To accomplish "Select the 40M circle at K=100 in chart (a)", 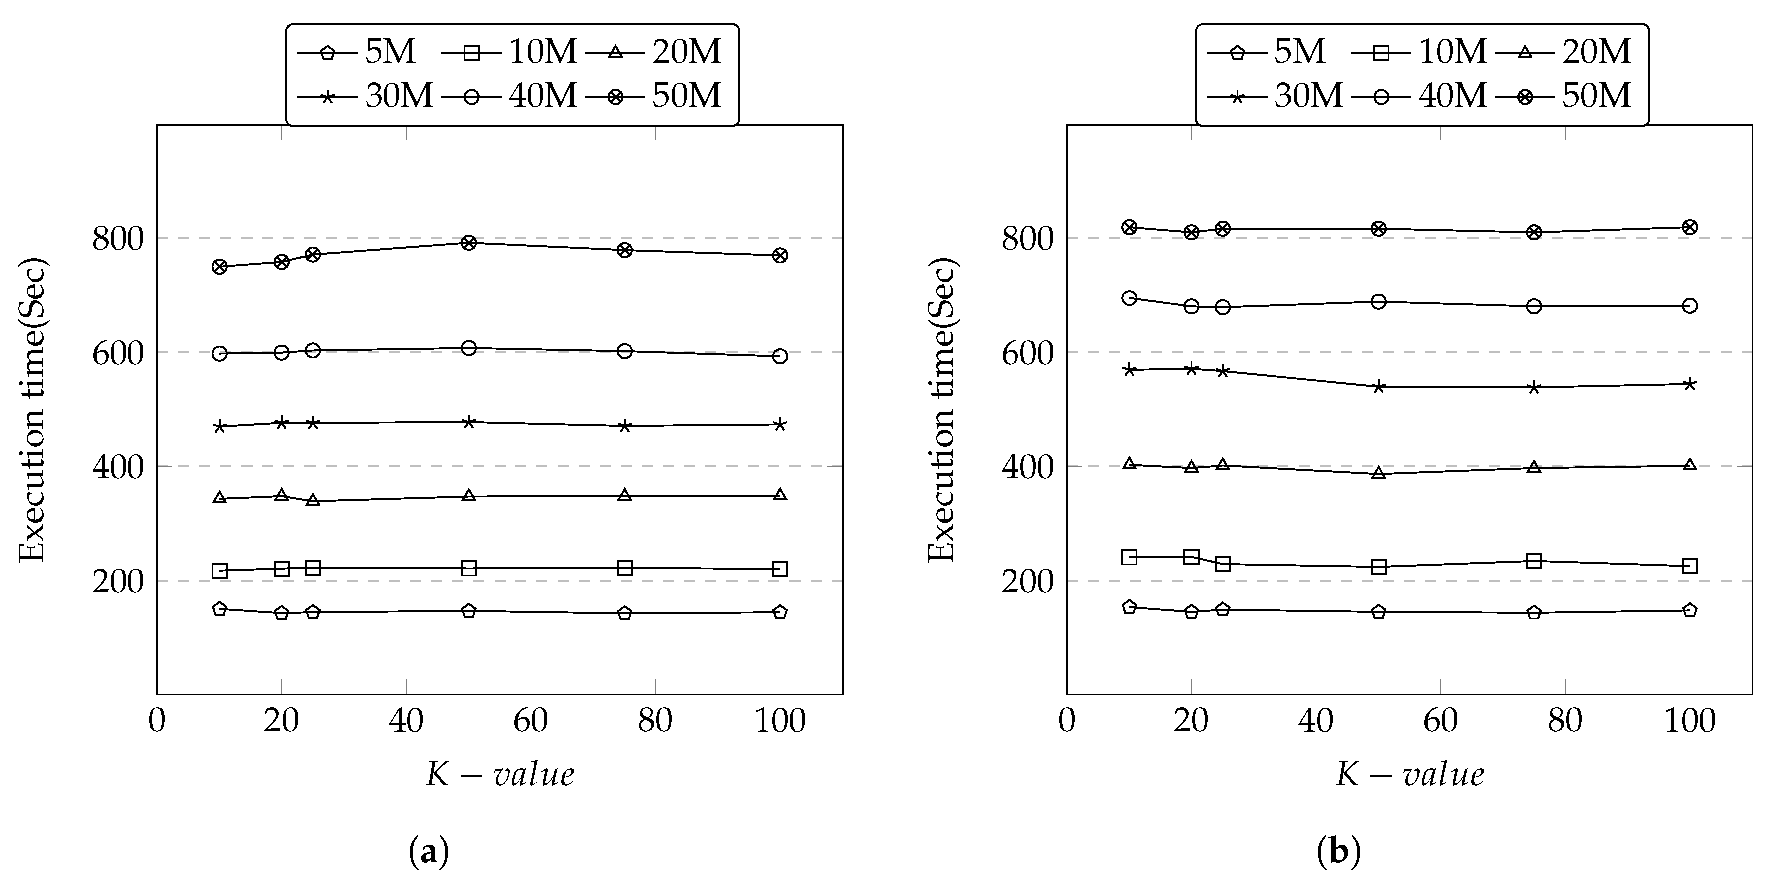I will tap(780, 356).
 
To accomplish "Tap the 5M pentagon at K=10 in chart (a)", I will tap(220, 609).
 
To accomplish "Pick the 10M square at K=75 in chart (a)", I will tap(625, 568).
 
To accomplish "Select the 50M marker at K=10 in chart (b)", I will tap(1129, 227).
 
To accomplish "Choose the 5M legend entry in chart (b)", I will tap(1266, 52).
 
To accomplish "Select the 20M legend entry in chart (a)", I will tap(653, 52).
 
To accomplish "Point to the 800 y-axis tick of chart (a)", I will tap(118, 239).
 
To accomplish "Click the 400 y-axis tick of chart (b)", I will tap(1028, 467).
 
